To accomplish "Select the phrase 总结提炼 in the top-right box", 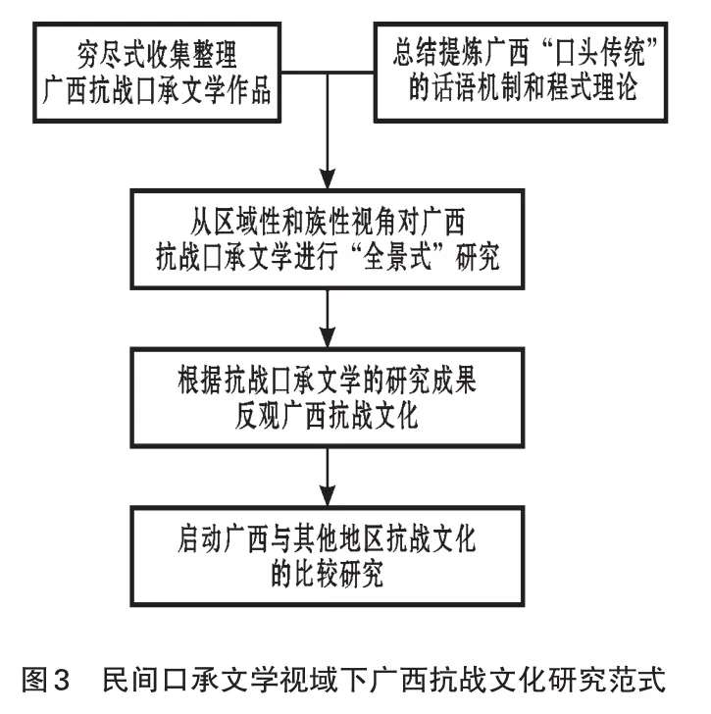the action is click(x=438, y=52).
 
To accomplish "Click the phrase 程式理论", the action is click(x=591, y=87).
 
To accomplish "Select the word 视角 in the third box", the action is click(x=396, y=223).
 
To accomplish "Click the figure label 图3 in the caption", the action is click(x=45, y=680).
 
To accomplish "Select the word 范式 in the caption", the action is click(x=639, y=680).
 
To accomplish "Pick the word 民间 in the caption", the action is click(x=130, y=680).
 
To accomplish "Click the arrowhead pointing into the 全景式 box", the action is click(x=328, y=178).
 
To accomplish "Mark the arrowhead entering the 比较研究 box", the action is click(x=328, y=495).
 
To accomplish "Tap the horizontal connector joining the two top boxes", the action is click(x=328, y=73).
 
